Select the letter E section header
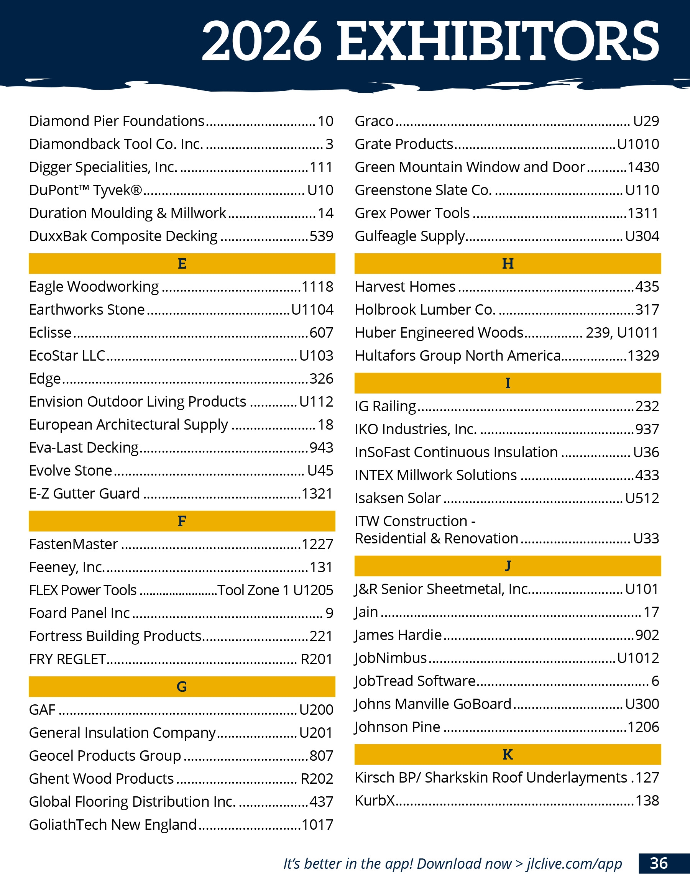tap(182, 264)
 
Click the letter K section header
tap(508, 754)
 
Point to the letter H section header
tap(508, 264)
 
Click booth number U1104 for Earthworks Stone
tap(312, 310)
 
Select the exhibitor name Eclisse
tap(50, 333)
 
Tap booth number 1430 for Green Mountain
tap(643, 167)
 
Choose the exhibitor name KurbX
tap(375, 801)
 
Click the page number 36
tap(659, 863)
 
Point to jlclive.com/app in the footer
tap(574, 864)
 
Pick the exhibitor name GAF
tap(42, 709)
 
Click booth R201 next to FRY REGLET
tap(317, 659)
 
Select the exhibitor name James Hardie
tap(398, 635)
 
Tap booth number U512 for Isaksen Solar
tap(642, 498)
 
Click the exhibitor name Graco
tap(374, 121)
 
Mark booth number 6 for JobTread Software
tap(655, 681)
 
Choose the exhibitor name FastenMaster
tap(74, 544)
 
